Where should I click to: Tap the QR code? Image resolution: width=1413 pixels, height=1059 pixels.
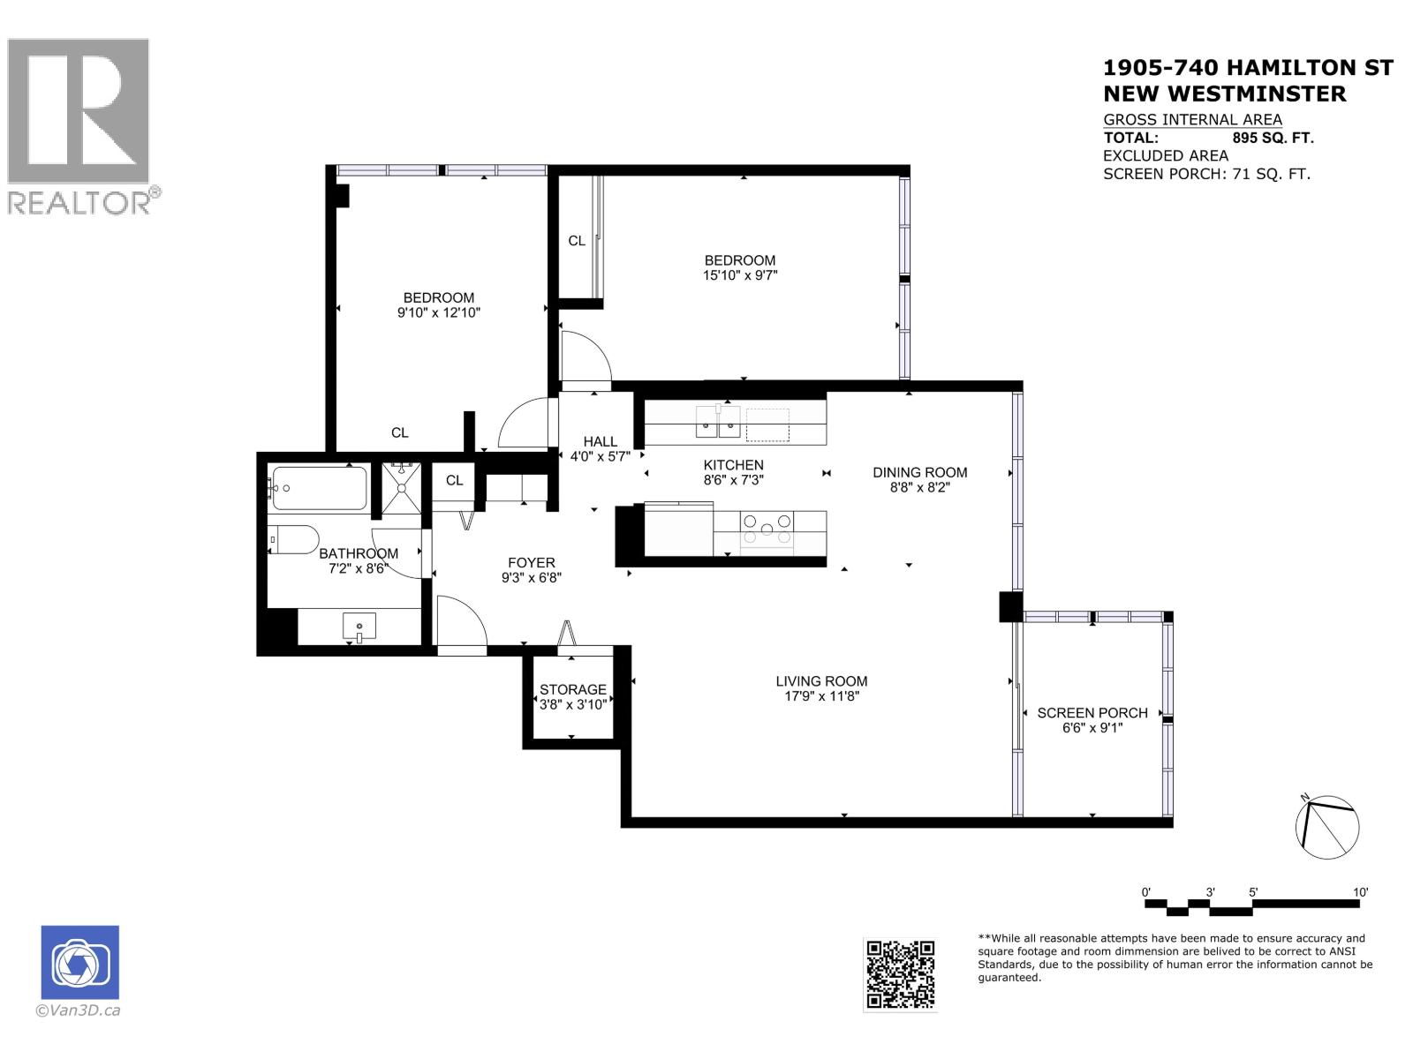pos(900,974)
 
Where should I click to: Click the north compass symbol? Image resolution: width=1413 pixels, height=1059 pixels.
pos(1326,827)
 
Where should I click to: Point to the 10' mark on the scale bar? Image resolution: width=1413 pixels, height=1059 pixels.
pos(1360,892)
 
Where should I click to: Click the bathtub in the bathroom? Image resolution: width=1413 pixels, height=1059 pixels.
pos(319,488)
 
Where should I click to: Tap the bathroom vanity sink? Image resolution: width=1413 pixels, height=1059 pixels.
pos(359,627)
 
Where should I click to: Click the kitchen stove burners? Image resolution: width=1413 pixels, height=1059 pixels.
pos(767,529)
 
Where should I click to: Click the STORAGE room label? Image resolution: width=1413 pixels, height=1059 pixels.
pos(573,689)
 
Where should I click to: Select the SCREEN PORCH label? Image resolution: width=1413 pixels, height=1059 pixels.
pos(1092,712)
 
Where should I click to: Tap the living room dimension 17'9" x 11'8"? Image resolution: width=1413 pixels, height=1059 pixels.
pos(821,696)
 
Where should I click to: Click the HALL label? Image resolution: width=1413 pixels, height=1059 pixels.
pos(600,441)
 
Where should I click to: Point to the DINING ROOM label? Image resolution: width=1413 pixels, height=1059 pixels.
pos(920,472)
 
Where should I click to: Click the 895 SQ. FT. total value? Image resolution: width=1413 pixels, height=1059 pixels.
pos(1273,138)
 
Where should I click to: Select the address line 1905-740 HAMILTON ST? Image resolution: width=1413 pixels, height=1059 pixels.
pos(1248,68)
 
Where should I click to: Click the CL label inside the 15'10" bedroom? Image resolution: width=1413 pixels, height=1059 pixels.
pos(577,240)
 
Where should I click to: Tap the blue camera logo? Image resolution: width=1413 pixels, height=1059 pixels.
pos(79,962)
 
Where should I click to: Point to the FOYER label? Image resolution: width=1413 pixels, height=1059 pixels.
pos(532,562)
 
